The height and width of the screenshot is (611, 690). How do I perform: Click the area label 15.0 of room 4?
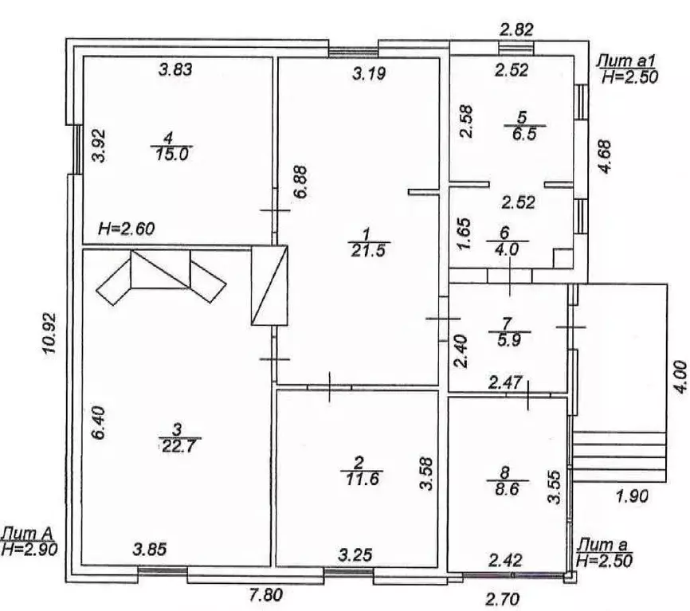tap(172, 155)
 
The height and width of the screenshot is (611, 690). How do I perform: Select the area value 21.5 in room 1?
tap(368, 250)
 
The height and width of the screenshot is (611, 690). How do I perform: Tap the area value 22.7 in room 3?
tap(179, 446)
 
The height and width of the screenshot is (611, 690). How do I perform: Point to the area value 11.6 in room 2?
tap(363, 479)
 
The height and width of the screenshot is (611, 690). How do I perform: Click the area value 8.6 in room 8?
tap(507, 488)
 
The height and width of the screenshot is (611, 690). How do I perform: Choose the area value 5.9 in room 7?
tap(509, 339)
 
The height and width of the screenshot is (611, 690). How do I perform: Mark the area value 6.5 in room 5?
tap(524, 133)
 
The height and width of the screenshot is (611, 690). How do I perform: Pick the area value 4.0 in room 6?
tap(507, 249)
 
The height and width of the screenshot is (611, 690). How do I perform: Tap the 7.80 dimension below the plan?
tap(266, 595)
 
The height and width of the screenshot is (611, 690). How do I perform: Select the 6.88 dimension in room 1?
tap(300, 182)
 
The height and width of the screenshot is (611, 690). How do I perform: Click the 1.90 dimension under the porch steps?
tap(632, 496)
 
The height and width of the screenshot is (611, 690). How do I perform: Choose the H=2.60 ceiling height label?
tap(127, 229)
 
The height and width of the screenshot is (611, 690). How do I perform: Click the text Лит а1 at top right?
tap(625, 61)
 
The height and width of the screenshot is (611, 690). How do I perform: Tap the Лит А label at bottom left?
tap(27, 534)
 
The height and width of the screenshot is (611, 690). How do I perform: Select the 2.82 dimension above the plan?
tap(517, 29)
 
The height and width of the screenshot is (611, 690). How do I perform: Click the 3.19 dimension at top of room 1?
tap(369, 73)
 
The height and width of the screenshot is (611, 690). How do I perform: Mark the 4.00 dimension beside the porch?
tap(680, 377)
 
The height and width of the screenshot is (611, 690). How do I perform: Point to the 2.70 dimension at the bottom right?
tap(503, 599)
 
